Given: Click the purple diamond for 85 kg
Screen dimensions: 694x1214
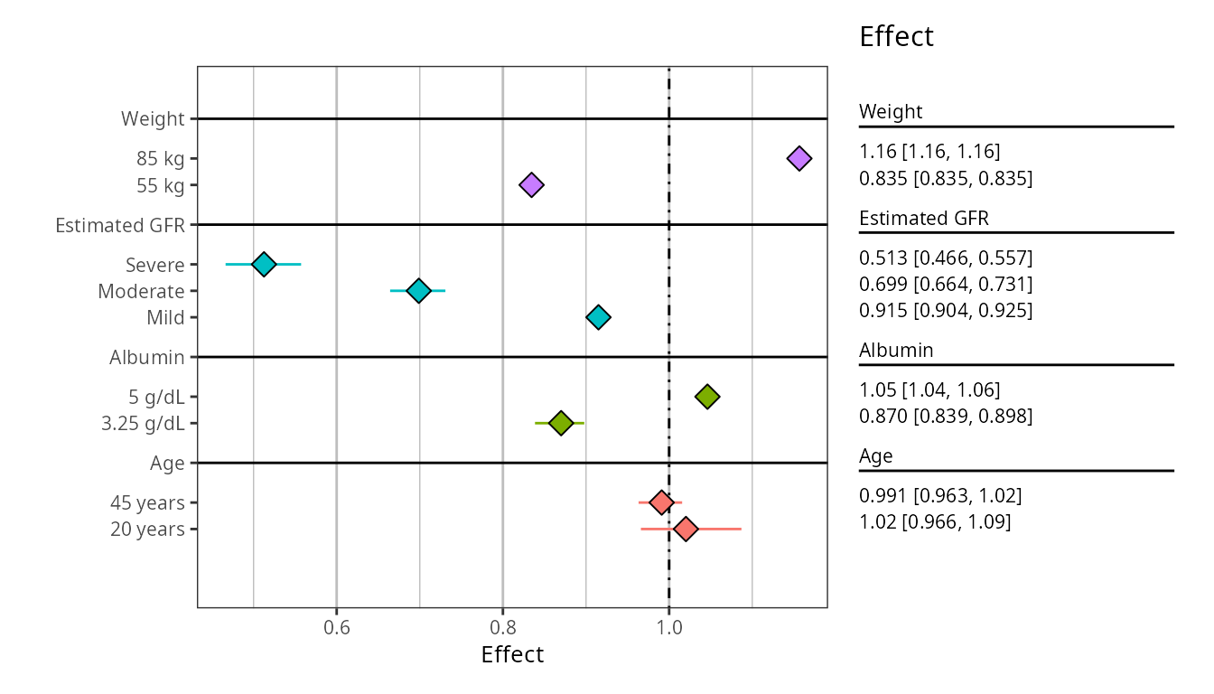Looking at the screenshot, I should [798, 158].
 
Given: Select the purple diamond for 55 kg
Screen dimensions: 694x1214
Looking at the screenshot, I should [531, 185].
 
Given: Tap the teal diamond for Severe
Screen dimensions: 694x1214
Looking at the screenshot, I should [263, 264].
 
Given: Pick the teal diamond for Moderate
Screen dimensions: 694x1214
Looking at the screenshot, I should [418, 290].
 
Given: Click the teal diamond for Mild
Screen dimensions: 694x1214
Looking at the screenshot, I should [598, 317].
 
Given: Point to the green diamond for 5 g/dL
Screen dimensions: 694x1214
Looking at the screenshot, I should [707, 396].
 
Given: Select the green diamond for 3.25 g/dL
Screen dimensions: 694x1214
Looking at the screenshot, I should [561, 423].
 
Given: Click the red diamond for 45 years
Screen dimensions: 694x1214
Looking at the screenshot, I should [661, 502].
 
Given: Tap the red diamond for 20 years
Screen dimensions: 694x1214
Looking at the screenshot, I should [686, 529].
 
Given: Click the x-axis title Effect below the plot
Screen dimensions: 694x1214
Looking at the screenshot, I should [512, 654].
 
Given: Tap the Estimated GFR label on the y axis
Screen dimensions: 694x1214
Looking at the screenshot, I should [120, 225].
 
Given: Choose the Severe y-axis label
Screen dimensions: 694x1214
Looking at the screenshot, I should [155, 265].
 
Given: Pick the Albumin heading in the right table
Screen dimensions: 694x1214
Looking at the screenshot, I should [896, 350].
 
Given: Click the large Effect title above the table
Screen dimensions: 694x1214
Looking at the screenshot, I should [896, 37].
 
